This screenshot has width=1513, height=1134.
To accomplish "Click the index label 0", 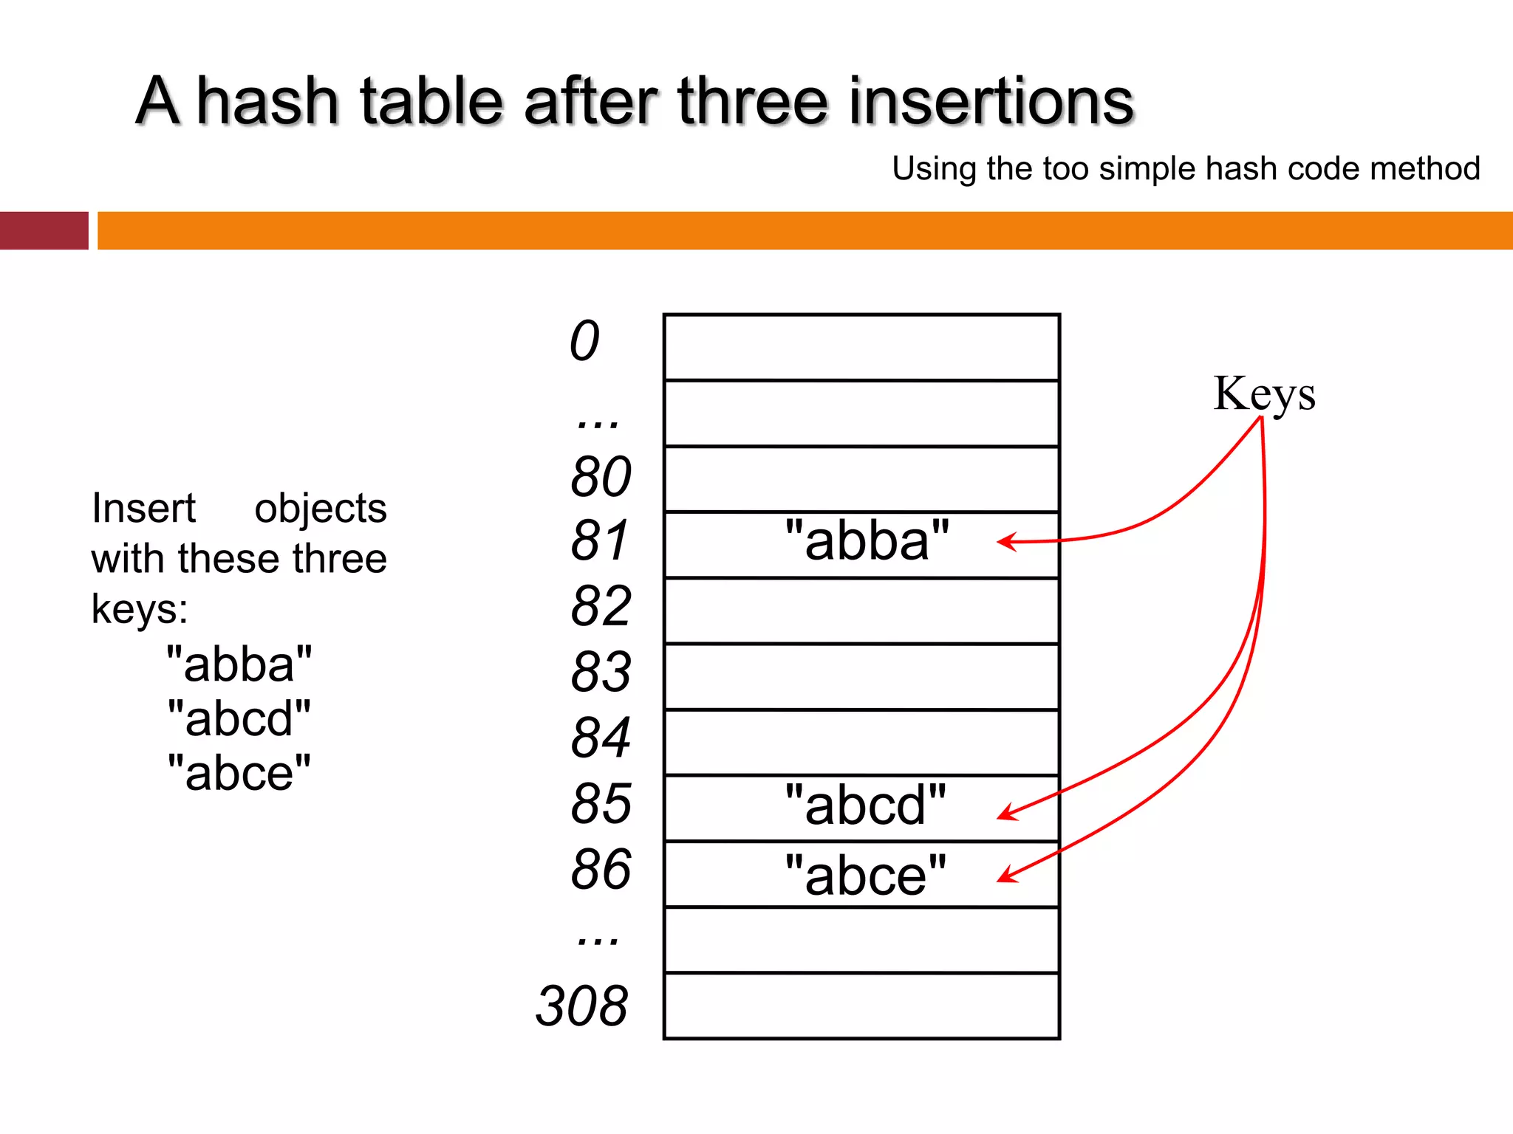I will click(584, 341).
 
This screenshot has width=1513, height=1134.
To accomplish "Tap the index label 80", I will click(601, 477).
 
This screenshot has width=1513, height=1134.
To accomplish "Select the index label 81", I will click(599, 540).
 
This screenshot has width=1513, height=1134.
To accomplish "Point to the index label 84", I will click(601, 738).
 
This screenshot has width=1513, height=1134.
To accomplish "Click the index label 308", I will click(582, 1006).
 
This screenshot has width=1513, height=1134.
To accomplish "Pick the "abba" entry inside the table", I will click(867, 540).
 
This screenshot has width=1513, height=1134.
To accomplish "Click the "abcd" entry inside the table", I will click(865, 805).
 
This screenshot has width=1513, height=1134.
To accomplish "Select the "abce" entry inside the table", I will click(865, 876).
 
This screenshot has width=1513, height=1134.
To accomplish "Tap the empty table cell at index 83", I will click(861, 677).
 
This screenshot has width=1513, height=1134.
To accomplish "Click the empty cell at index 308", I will click(861, 1006).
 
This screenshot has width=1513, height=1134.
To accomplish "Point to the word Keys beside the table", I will click(1264, 394).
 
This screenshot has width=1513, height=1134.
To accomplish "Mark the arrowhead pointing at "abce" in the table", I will click(1004, 877).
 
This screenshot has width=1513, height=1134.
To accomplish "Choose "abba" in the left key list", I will click(239, 664).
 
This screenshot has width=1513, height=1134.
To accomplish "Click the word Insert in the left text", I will click(143, 509).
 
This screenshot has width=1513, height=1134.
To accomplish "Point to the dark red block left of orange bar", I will click(44, 230).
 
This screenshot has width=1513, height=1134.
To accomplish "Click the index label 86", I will click(601, 869).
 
